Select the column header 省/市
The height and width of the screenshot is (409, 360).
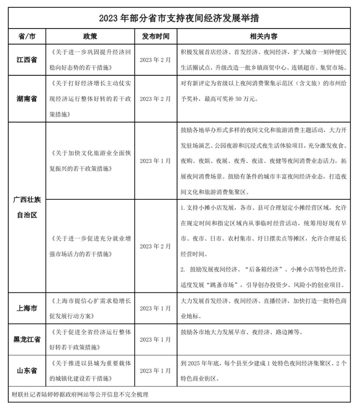tap(27, 36)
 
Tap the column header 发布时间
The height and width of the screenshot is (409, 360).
tap(156, 36)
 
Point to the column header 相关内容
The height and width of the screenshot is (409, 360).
tap(264, 36)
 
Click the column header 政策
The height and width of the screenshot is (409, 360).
tap(91, 36)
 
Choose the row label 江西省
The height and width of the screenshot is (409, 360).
tap(27, 59)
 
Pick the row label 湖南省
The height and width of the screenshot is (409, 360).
tap(27, 99)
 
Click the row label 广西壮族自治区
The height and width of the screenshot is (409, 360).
tap(27, 207)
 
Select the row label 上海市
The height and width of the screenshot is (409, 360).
tap(27, 308)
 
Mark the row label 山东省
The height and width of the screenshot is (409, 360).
tap(27, 370)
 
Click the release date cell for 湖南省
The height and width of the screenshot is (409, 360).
tap(156, 99)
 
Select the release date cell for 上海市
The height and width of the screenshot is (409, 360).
tap(156, 308)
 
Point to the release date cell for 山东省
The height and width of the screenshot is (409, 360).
tap(156, 370)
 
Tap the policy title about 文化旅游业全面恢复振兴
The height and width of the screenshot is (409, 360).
tap(91, 160)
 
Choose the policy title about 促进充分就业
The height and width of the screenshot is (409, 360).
tap(91, 246)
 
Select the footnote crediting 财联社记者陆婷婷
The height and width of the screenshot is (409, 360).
tap(81, 395)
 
